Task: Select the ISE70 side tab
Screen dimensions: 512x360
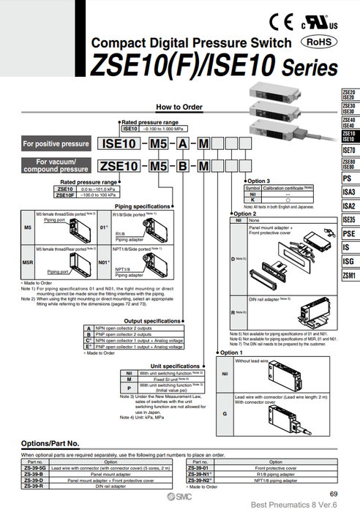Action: [x=348, y=150]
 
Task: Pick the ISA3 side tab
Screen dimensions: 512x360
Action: [x=348, y=192]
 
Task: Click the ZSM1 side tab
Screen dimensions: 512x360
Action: [x=348, y=276]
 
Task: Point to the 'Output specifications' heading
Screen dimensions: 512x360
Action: [x=151, y=320]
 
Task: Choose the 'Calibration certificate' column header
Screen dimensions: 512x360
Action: [x=286, y=187]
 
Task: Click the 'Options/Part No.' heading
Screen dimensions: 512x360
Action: [x=50, y=444]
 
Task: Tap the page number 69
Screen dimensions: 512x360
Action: [x=333, y=496]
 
